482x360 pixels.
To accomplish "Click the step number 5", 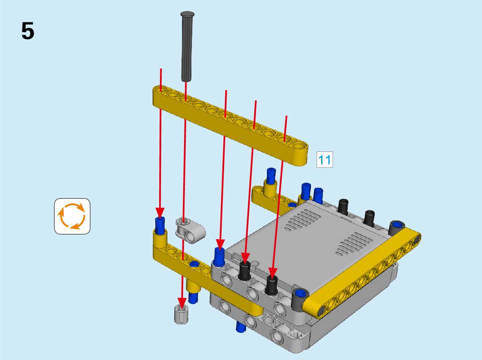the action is tap(28, 31).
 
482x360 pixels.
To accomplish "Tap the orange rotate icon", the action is tap(72, 216).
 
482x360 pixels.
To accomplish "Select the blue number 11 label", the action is tap(324, 160).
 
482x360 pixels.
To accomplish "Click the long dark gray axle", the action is tap(187, 47).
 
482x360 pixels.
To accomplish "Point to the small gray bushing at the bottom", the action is tap(181, 314).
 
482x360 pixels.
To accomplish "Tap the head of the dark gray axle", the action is tap(187, 14).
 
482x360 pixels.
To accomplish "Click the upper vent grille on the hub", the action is tap(303, 220).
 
